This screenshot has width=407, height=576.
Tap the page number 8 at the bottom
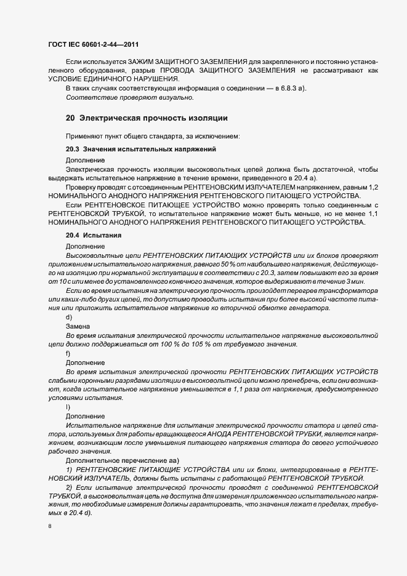(49, 527)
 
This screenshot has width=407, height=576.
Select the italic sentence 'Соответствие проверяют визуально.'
(129, 97)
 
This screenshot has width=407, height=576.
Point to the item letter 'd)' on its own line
(68, 317)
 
